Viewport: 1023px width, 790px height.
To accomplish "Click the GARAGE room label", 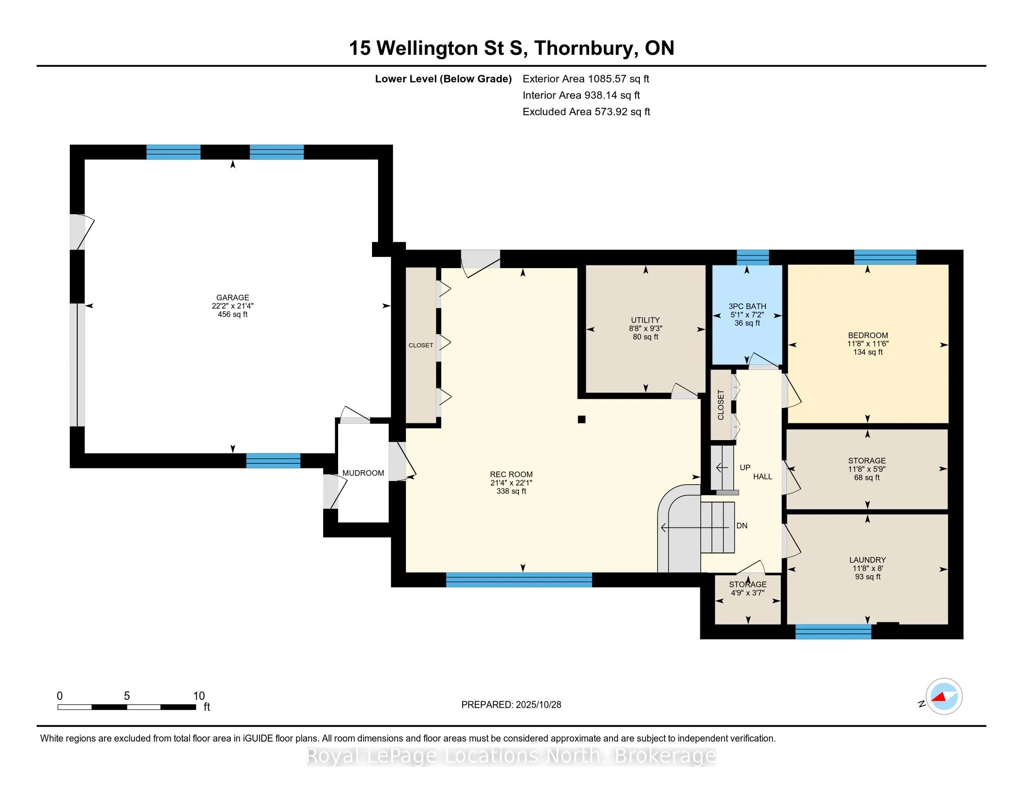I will tap(232, 298).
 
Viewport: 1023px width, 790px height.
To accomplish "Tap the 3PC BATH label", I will tap(747, 307).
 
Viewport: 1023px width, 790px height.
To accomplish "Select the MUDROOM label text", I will tap(363, 473).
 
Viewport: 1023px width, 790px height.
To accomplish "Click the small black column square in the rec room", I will tap(582, 419).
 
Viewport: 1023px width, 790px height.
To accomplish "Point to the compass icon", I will tap(944, 697).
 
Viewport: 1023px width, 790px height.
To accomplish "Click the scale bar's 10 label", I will tap(199, 696).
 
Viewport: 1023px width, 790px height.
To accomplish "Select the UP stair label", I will tap(745, 467).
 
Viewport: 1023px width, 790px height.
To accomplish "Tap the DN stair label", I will tap(742, 526).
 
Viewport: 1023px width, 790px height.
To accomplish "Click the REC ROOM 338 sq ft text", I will tap(511, 491).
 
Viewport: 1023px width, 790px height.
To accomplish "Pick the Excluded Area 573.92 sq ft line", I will tap(586, 112).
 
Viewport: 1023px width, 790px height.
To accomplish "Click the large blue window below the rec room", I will tap(518, 580).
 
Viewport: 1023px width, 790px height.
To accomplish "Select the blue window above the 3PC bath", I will tap(753, 257).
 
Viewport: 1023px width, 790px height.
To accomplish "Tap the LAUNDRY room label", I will tap(868, 560).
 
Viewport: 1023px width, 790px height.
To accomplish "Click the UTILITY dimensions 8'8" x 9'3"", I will tap(645, 329).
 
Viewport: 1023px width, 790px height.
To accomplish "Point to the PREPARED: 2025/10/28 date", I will tap(511, 705).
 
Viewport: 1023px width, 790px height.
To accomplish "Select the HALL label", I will tap(763, 477).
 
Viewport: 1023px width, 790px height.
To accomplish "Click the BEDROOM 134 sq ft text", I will tap(868, 352).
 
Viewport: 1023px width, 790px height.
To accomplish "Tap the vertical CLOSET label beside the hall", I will tap(721, 405).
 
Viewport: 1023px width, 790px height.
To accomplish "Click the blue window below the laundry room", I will tap(833, 632).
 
